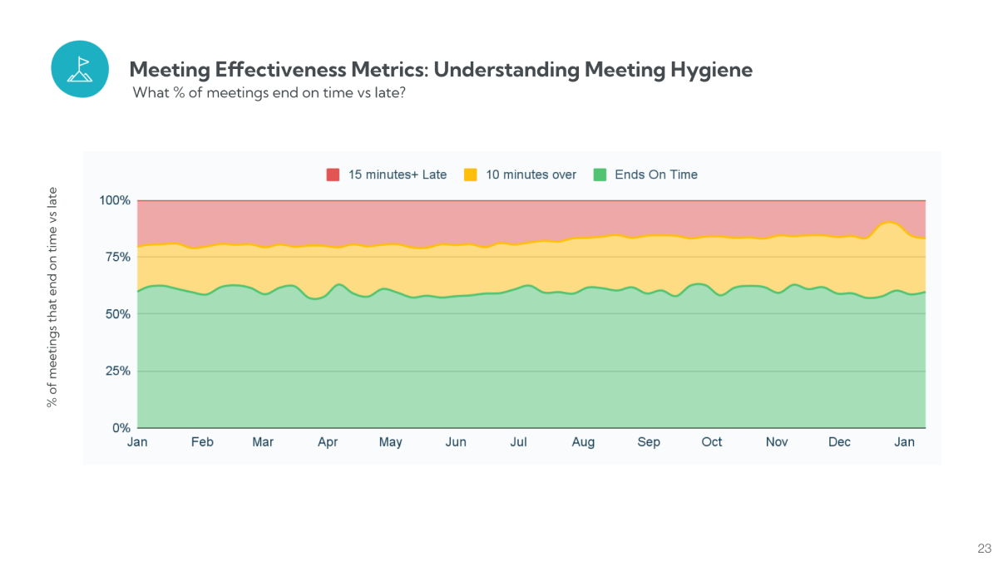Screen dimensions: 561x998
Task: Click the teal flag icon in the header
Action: tap(80, 69)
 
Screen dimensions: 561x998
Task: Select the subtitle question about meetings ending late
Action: tap(269, 93)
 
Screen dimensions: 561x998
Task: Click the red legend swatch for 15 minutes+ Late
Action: tap(333, 175)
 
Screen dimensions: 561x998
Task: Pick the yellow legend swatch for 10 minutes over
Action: tap(471, 175)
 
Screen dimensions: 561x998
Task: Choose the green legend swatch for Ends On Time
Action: tap(600, 175)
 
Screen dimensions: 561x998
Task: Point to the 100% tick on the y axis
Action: tap(115, 200)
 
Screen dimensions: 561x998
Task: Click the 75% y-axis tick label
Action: tap(118, 258)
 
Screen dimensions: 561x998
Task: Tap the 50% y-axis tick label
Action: tap(118, 314)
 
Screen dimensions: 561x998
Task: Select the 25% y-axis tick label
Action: tap(118, 372)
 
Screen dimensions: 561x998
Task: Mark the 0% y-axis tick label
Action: tap(121, 428)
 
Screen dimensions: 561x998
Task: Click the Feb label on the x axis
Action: tap(202, 442)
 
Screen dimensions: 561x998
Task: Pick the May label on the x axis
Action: tap(390, 442)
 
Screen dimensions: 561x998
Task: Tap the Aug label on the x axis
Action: tap(583, 442)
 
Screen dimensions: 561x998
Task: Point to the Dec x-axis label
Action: tap(839, 442)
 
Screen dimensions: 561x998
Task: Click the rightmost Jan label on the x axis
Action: tap(904, 442)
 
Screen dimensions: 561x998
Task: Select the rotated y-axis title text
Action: tap(52, 297)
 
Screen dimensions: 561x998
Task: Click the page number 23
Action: tap(984, 549)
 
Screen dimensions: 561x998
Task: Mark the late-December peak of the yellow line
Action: tap(889, 222)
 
